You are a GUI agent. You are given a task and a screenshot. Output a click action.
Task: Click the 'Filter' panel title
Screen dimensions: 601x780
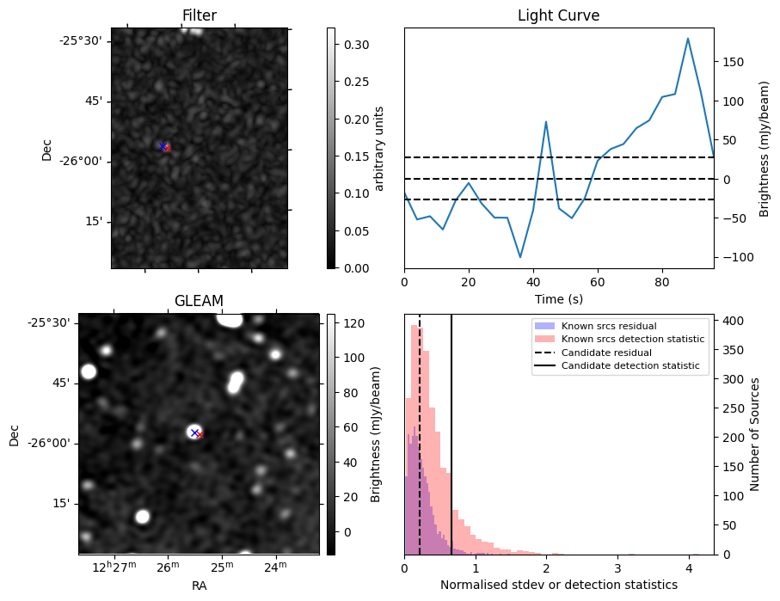pyautogui.click(x=200, y=15)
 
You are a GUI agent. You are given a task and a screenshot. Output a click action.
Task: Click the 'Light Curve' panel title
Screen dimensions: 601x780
pyautogui.click(x=558, y=15)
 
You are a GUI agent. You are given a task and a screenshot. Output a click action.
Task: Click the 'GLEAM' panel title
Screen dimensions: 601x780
pyautogui.click(x=199, y=300)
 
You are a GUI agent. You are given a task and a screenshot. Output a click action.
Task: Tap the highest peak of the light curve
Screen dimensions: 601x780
pyautogui.click(x=688, y=39)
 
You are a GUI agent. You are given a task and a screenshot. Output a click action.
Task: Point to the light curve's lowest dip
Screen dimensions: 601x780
pyautogui.click(x=520, y=257)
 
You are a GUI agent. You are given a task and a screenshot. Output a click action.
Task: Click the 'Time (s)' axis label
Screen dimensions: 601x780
pyautogui.click(x=558, y=298)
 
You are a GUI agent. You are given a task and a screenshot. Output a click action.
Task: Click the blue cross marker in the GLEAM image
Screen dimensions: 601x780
pyautogui.click(x=194, y=432)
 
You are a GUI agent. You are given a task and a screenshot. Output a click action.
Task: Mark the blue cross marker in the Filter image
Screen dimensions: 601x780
pyautogui.click(x=162, y=146)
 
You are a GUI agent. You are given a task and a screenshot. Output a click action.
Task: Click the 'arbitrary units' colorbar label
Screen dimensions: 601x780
pyautogui.click(x=378, y=148)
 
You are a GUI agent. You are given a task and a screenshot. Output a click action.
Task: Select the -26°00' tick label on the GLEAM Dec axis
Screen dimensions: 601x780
pyautogui.click(x=52, y=443)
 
